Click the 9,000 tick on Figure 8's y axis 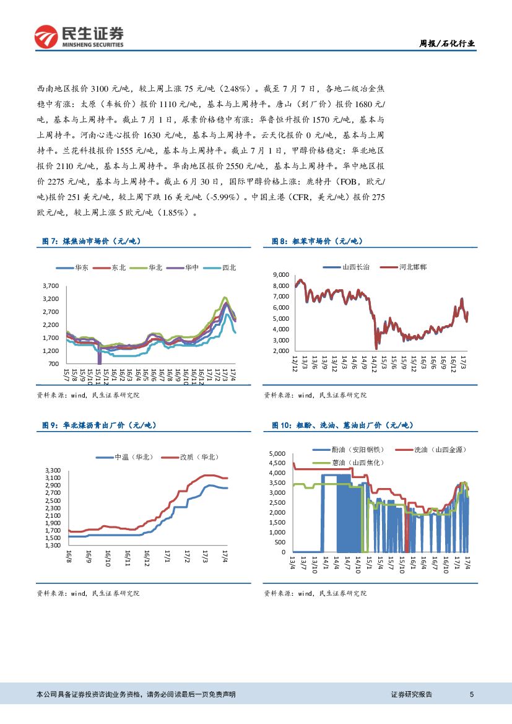click(x=280, y=274)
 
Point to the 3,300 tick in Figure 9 click(x=53, y=471)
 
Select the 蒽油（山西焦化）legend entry click(x=359, y=463)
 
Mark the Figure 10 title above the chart click(x=346, y=425)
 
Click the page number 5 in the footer click(x=472, y=695)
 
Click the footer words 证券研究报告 click(x=412, y=695)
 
